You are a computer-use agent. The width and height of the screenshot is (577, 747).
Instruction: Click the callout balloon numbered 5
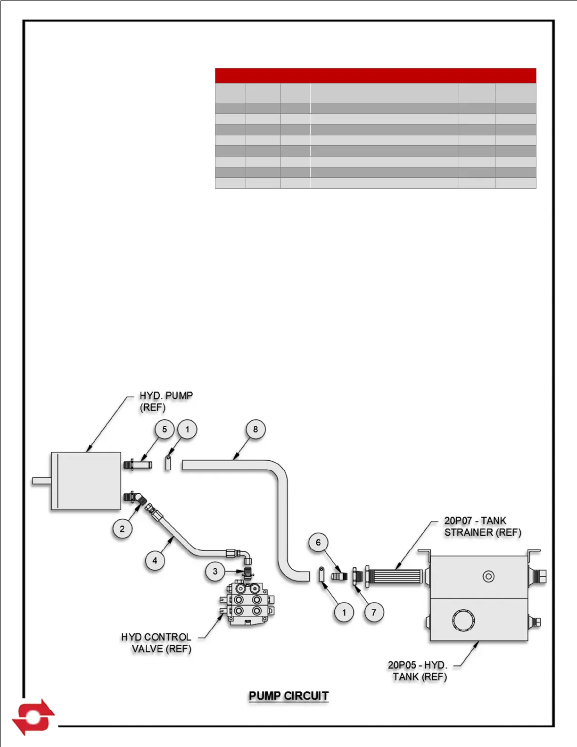click(x=165, y=430)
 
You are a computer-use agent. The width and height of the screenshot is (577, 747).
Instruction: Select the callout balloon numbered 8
click(x=256, y=430)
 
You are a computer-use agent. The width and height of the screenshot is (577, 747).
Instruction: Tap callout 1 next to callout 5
click(x=187, y=430)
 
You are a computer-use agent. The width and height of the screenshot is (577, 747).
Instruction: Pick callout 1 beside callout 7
click(x=344, y=613)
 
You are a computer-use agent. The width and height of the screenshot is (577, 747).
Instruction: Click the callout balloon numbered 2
click(x=122, y=529)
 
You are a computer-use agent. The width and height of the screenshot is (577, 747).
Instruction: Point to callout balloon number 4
click(x=155, y=561)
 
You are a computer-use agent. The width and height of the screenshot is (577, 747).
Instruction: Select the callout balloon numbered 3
click(x=215, y=572)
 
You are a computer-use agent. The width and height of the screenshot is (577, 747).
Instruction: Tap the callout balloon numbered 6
click(x=318, y=542)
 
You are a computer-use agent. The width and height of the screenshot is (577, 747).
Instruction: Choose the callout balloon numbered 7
click(x=374, y=613)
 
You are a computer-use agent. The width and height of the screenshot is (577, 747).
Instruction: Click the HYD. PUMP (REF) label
click(x=165, y=401)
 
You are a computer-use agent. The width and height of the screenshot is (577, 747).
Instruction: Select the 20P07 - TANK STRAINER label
click(x=482, y=526)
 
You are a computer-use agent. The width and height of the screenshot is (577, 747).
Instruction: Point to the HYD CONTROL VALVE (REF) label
click(x=157, y=643)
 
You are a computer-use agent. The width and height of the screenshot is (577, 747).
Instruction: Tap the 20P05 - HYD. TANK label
click(x=418, y=671)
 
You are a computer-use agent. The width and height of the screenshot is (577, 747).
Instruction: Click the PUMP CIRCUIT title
click(x=288, y=696)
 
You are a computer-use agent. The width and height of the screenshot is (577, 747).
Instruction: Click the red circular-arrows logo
click(x=33, y=717)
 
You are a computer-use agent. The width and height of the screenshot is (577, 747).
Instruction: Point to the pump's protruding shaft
click(x=41, y=481)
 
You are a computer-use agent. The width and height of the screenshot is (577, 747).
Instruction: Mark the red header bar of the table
click(x=375, y=75)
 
